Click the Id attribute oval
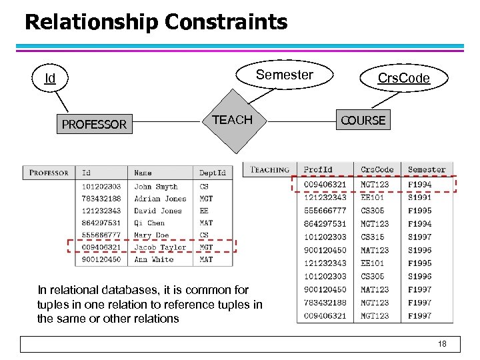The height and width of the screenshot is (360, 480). (x=50, y=79)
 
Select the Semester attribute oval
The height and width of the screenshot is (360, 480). (x=285, y=75)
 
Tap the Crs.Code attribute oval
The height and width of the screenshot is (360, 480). (x=403, y=79)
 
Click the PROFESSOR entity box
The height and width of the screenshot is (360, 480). (x=94, y=124)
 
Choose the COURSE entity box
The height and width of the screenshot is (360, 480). (x=363, y=121)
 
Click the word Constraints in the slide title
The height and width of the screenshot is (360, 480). (x=226, y=22)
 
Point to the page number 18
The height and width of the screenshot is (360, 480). (x=442, y=344)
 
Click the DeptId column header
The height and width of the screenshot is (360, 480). (x=213, y=173)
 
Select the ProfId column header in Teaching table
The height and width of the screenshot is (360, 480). (x=318, y=170)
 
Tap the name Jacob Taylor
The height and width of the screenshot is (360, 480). (x=160, y=247)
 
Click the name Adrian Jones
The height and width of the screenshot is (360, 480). (x=160, y=199)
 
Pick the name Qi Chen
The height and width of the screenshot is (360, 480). (x=149, y=223)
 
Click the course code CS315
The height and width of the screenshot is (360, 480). (x=373, y=237)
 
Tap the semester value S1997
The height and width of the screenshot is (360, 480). (x=420, y=237)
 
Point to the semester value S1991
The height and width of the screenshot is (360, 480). (x=420, y=197)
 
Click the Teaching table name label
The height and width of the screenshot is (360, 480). (x=270, y=170)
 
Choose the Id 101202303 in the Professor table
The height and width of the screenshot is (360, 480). (x=101, y=187)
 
